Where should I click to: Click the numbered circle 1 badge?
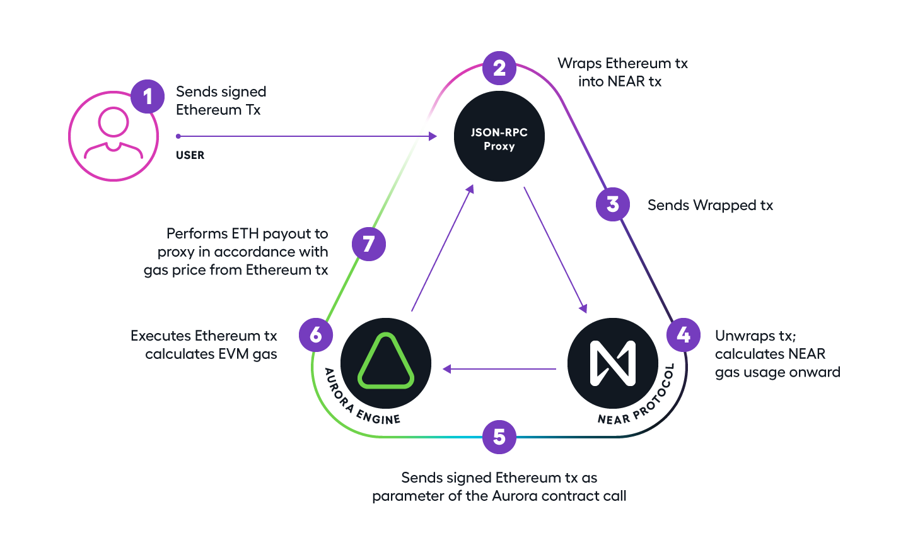(148, 97)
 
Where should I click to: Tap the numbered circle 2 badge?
(499, 67)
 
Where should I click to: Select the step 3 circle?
(613, 204)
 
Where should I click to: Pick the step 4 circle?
(684, 334)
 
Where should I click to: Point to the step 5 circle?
(499, 437)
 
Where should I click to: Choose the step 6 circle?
(316, 334)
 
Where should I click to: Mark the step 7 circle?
(369, 243)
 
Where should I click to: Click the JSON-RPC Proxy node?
(499, 136)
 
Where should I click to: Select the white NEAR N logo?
(613, 363)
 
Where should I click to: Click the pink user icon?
(113, 136)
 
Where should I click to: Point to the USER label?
(190, 155)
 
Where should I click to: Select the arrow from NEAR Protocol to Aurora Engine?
(499, 369)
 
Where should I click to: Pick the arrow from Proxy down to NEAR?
(556, 249)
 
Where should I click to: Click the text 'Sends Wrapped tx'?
(710, 205)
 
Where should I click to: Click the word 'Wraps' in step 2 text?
(579, 64)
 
